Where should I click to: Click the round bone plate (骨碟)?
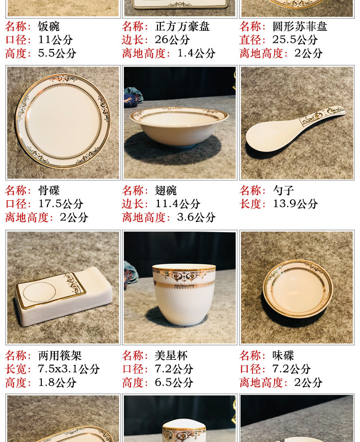coord(63,121)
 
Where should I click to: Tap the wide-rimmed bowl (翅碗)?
coord(179,126)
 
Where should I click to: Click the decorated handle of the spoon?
coord(323,116)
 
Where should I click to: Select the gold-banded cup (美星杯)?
coord(184,295)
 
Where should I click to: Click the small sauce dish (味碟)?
coord(298,289)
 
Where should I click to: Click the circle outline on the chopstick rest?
coord(39,292)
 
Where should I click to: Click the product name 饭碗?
coord(49,26)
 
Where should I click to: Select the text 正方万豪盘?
coord(182,26)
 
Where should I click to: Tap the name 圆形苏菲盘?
coord(300,26)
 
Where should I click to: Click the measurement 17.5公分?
coord(61,204)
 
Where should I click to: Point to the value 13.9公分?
coord(295,204)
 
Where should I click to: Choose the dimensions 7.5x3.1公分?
coord(69,368)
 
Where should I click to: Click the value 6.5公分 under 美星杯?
coord(174,382)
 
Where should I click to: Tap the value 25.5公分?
coord(295,39)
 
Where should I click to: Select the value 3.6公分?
coord(196,217)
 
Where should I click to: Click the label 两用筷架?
coord(60,355)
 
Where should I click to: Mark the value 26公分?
coord(172,39)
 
